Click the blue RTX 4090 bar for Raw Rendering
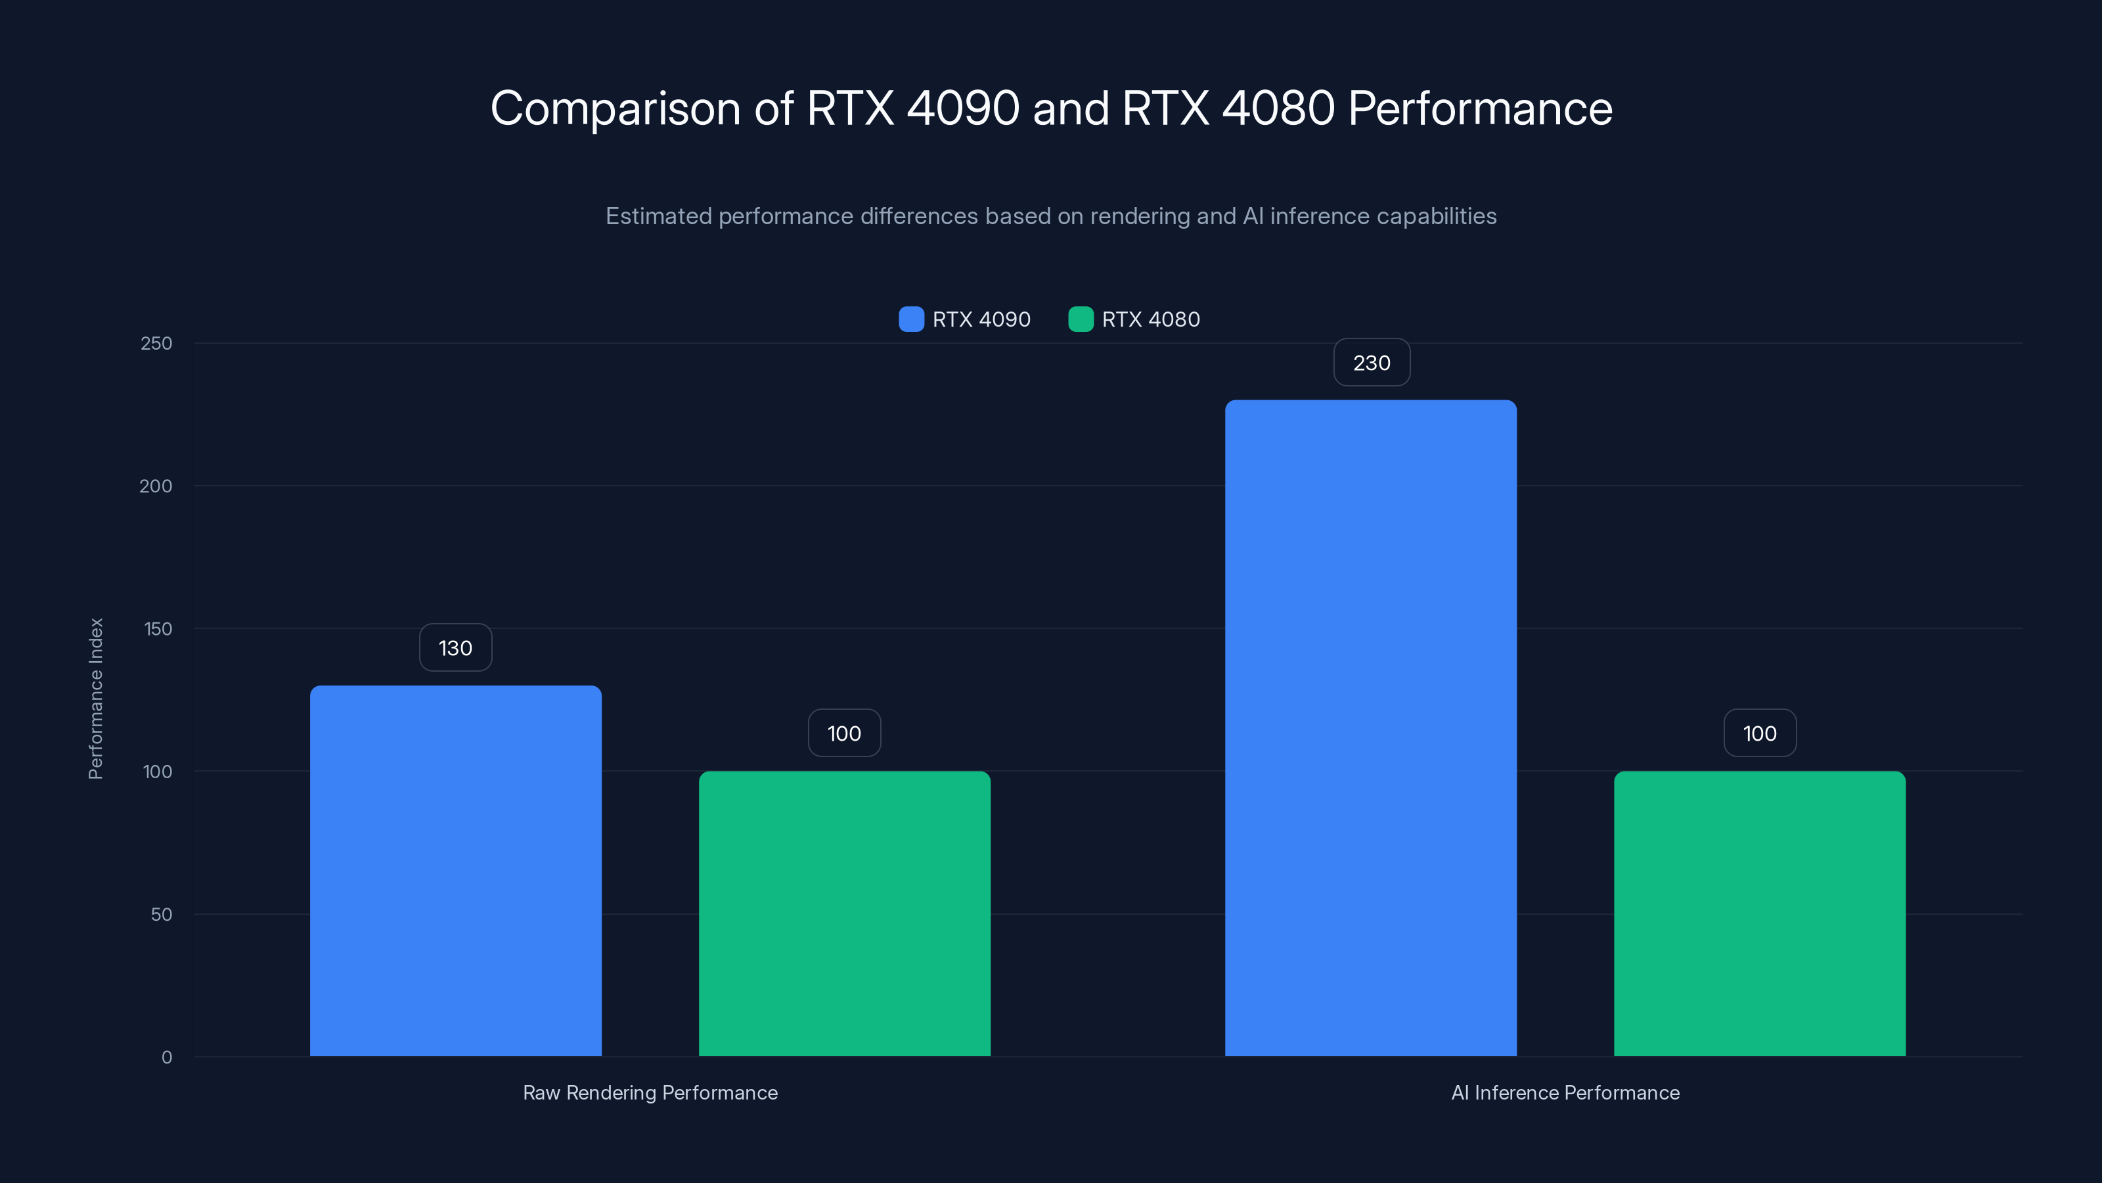point(455,870)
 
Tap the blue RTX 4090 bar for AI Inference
point(1371,728)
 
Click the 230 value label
point(1372,363)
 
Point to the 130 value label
point(455,647)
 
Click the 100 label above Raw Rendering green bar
point(845,733)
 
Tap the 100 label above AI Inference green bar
point(1759,733)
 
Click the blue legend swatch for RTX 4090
point(910,319)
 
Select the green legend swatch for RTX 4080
point(1081,319)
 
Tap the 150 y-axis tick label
point(158,629)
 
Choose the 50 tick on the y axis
point(162,914)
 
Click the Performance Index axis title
point(95,698)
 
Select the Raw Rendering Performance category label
point(650,1092)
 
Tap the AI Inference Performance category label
point(1565,1092)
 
